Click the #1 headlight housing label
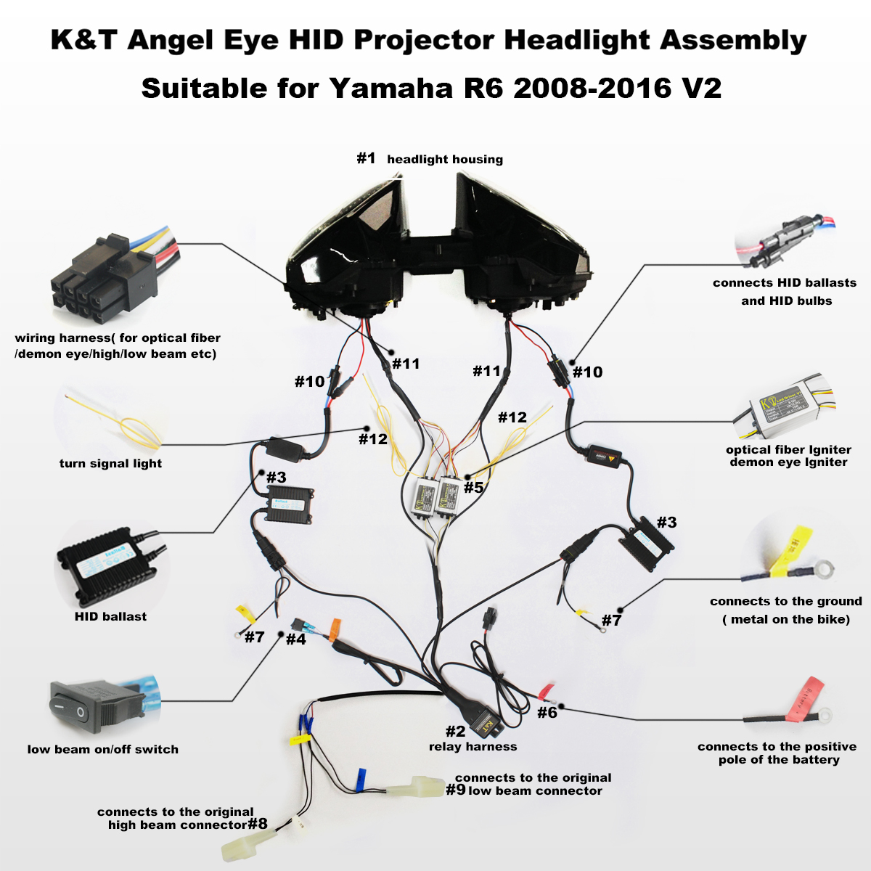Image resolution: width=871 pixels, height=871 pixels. click(430, 159)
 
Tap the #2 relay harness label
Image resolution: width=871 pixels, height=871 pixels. click(472, 740)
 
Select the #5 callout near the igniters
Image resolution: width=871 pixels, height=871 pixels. click(473, 487)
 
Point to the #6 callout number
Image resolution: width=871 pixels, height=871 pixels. click(547, 713)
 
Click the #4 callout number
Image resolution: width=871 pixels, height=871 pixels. click(295, 639)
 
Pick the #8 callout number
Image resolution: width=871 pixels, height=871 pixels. click(258, 824)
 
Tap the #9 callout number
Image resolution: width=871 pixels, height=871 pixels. click(456, 790)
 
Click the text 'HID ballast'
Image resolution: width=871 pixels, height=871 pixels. click(110, 616)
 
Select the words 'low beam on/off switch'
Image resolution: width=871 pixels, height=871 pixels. click(103, 749)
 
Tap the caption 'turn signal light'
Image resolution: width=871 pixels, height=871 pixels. click(110, 463)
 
